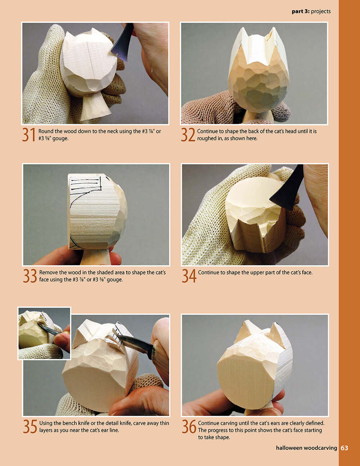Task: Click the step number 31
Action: [x=29, y=135]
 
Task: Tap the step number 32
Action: [x=188, y=135]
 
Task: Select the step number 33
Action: [x=30, y=276]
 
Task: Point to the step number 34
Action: [x=189, y=276]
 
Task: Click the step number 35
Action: [x=30, y=426]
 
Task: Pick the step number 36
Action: [x=189, y=426]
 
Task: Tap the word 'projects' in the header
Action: [x=320, y=12]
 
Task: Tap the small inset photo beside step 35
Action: [x=44, y=333]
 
